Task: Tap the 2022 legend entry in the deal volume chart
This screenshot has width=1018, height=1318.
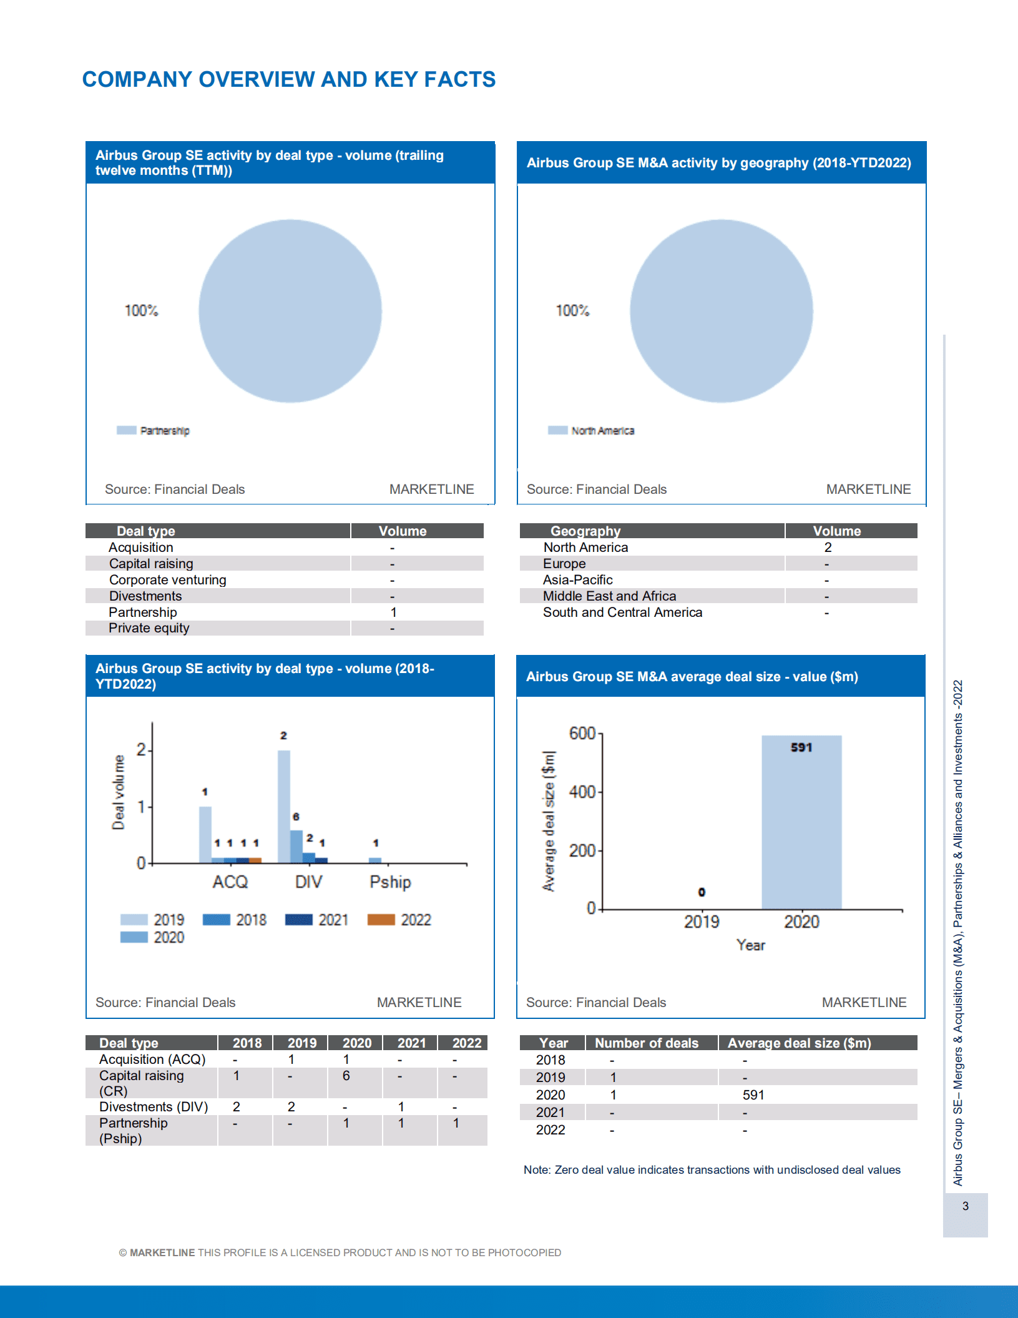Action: click(399, 920)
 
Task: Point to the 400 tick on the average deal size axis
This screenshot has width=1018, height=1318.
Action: click(582, 792)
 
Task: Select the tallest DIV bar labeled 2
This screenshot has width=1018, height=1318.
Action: click(284, 805)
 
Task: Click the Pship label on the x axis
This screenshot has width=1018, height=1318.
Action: click(390, 882)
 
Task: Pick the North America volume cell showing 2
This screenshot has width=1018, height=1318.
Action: click(828, 548)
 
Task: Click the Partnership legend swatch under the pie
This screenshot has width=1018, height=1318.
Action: click(127, 430)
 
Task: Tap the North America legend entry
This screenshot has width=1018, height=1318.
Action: click(590, 431)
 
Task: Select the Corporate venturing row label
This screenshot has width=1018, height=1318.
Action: click(167, 580)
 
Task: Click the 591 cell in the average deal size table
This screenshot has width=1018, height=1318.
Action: click(753, 1094)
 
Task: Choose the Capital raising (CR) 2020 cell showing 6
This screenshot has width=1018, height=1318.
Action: click(346, 1076)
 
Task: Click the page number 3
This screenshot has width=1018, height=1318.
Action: click(965, 1206)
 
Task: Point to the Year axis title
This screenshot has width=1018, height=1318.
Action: click(750, 945)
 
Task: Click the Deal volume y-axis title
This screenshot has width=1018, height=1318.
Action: click(118, 792)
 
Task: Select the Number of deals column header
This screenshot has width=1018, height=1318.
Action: click(646, 1043)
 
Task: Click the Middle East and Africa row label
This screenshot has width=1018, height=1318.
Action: click(609, 596)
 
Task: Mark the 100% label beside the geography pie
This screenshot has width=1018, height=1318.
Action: click(572, 310)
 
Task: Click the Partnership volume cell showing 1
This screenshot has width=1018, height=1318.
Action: click(393, 612)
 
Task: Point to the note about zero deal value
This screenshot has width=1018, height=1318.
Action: click(712, 1169)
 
